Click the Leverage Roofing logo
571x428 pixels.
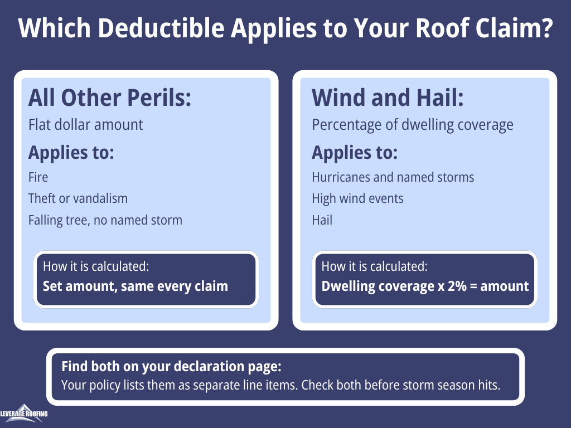pyautogui.click(x=24, y=414)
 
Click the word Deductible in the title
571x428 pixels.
pyautogui.click(x=161, y=28)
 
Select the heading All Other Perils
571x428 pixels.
pyautogui.click(x=110, y=98)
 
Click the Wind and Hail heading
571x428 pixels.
pyautogui.click(x=388, y=98)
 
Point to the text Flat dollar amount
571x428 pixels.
pyautogui.click(x=85, y=125)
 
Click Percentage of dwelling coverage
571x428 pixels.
pyautogui.click(x=413, y=125)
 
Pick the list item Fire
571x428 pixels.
pyautogui.click(x=38, y=177)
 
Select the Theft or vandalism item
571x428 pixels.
pyautogui.click(x=78, y=198)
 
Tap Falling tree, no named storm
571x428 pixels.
pyautogui.click(x=105, y=220)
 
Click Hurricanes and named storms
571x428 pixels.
pyautogui.click(x=393, y=177)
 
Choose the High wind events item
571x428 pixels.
pyautogui.click(x=357, y=199)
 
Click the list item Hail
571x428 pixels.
pyautogui.click(x=322, y=220)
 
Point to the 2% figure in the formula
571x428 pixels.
pyautogui.click(x=457, y=286)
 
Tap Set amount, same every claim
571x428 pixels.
pyautogui.click(x=136, y=286)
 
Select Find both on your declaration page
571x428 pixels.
pyautogui.click(x=171, y=367)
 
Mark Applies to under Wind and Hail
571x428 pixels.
pyautogui.click(x=355, y=153)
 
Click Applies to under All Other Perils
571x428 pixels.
pyautogui.click(x=71, y=153)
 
